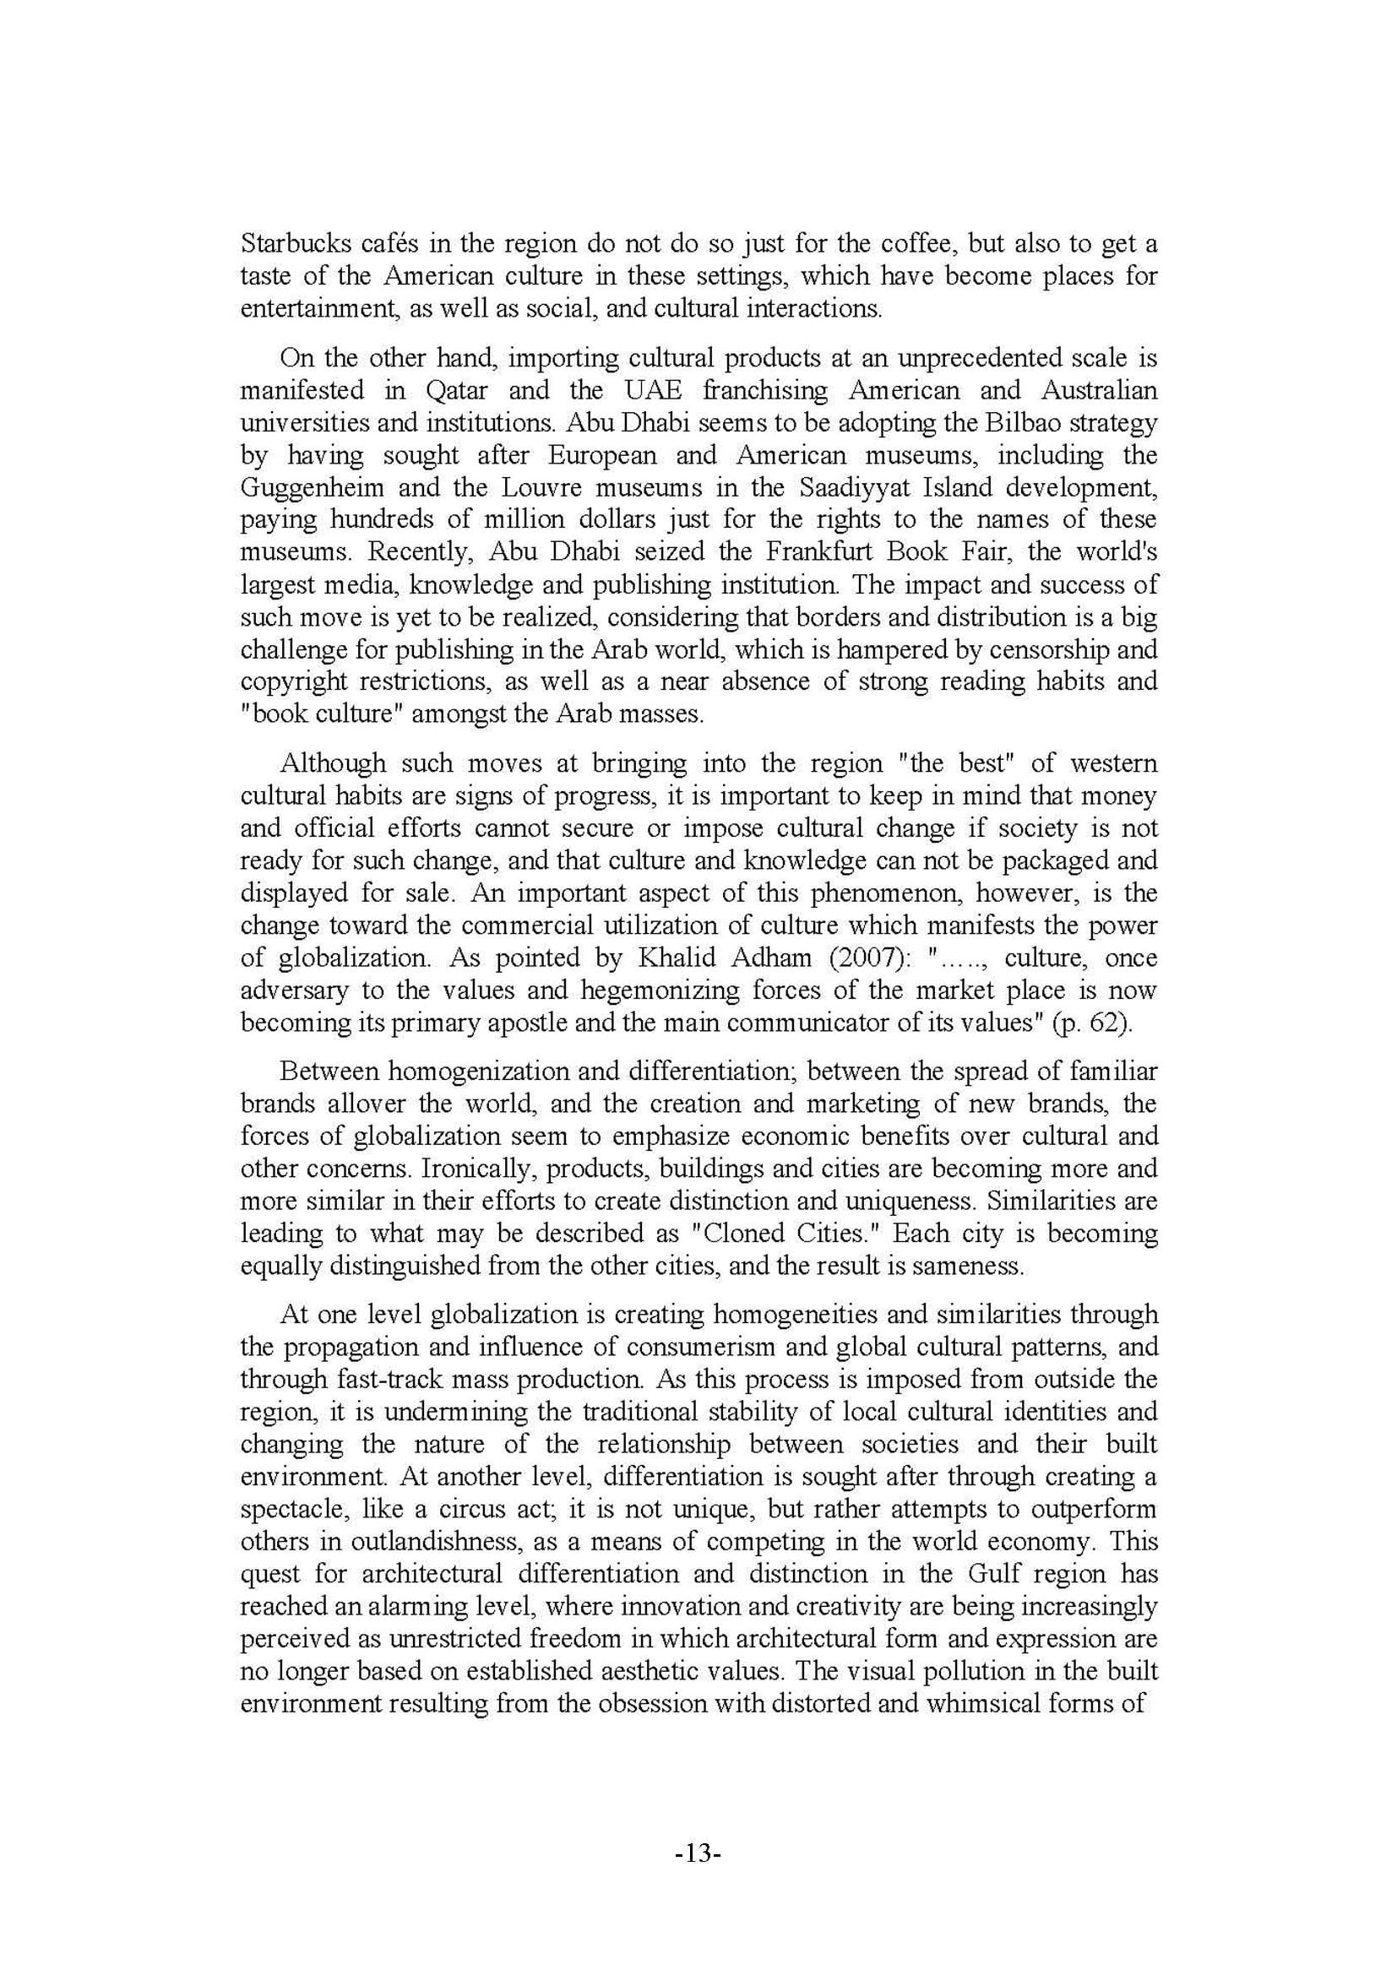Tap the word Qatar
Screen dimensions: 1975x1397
pyautogui.click(x=457, y=391)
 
